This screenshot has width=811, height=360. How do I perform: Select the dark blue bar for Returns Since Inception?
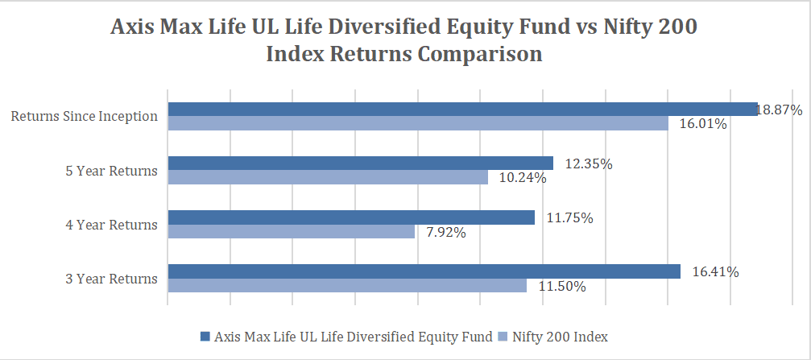tap(462, 110)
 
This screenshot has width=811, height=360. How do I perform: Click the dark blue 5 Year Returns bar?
tap(360, 163)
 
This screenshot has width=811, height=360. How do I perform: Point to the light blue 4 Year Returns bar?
tap(291, 232)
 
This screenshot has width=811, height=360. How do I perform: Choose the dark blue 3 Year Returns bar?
tap(424, 271)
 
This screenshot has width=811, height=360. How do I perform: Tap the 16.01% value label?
tap(702, 124)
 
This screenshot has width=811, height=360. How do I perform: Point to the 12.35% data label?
tap(589, 164)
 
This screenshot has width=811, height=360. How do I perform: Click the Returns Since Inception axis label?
tap(84, 116)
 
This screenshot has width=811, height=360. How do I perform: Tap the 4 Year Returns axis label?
tap(111, 225)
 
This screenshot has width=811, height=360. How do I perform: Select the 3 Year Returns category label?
tap(111, 279)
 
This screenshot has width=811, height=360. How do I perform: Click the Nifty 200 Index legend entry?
tap(565, 336)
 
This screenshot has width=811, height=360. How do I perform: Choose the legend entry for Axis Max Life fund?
tap(352, 336)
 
